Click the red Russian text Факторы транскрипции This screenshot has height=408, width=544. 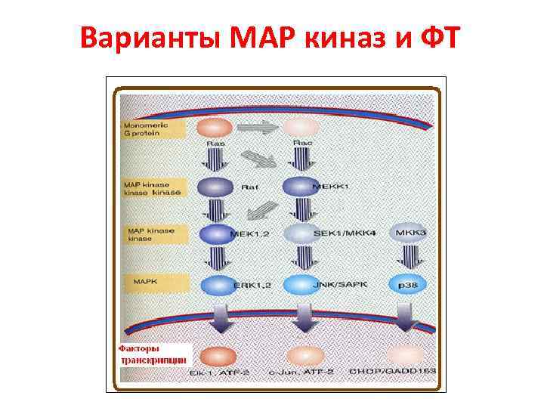coord(152,354)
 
